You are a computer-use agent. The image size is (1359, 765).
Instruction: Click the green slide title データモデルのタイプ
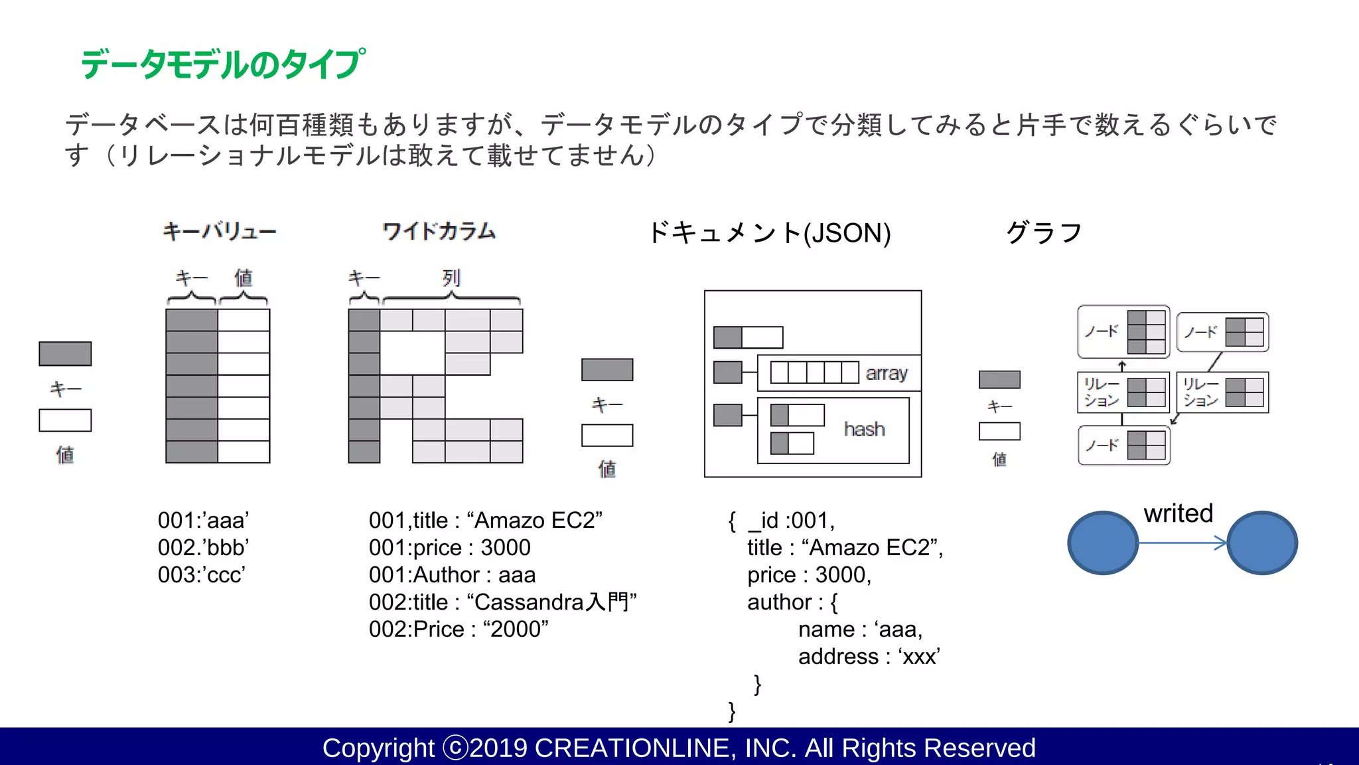[x=222, y=64]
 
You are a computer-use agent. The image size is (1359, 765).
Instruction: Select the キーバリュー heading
[x=220, y=232]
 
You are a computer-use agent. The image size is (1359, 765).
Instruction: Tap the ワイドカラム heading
[x=439, y=232]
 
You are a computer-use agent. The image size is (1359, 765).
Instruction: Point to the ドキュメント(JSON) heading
[x=769, y=233]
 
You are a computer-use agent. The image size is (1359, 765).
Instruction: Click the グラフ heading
[x=1044, y=233]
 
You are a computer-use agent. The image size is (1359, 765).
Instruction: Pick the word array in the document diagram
[x=887, y=373]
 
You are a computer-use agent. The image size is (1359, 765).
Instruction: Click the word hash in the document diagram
[x=864, y=429]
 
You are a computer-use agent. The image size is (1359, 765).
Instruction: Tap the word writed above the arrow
[x=1178, y=513]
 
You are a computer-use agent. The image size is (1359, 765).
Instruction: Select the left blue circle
[x=1103, y=543]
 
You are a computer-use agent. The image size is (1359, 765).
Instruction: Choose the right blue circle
[x=1262, y=543]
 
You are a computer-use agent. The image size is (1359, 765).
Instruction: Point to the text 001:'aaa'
[x=203, y=520]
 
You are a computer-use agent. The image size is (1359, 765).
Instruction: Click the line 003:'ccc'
[x=202, y=574]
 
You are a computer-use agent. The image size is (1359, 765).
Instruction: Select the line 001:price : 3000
[x=449, y=547]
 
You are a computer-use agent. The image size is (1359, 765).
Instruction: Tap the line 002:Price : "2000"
[x=459, y=629]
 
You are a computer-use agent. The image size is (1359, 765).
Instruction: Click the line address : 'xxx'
[x=869, y=656]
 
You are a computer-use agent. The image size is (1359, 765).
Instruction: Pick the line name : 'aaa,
[x=860, y=629]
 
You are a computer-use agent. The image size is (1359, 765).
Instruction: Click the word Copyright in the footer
[x=378, y=748]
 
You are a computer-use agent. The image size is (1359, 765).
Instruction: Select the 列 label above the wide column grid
[x=451, y=278]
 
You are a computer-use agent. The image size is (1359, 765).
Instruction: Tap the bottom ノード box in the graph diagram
[x=1123, y=445]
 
